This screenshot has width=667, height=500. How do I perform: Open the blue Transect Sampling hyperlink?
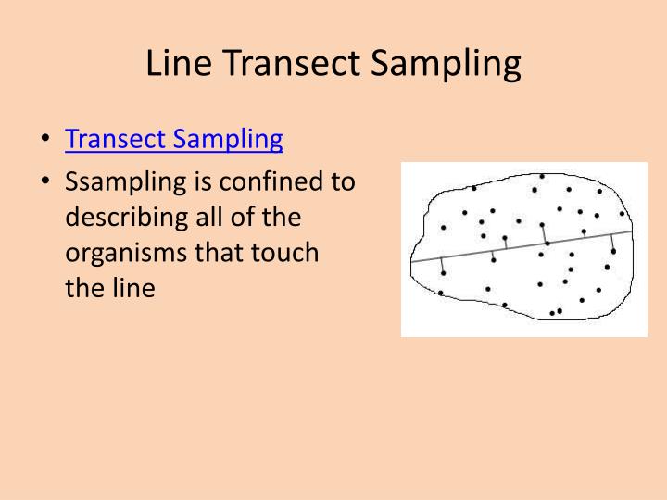tap(173, 139)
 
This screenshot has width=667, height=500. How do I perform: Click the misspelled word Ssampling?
tap(124, 182)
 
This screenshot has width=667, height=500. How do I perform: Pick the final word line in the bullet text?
tap(134, 287)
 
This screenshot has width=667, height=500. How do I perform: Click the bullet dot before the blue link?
tap(45, 140)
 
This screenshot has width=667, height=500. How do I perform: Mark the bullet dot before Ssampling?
tap(45, 182)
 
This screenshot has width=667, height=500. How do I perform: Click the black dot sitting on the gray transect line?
tap(547, 243)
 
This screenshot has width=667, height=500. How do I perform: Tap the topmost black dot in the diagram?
tap(541, 176)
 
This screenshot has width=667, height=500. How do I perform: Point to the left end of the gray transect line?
tap(412, 262)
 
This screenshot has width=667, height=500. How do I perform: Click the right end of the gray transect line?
tap(632, 231)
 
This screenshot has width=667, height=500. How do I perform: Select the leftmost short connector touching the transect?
tap(443, 266)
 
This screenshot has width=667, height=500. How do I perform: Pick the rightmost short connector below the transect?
tap(612, 243)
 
